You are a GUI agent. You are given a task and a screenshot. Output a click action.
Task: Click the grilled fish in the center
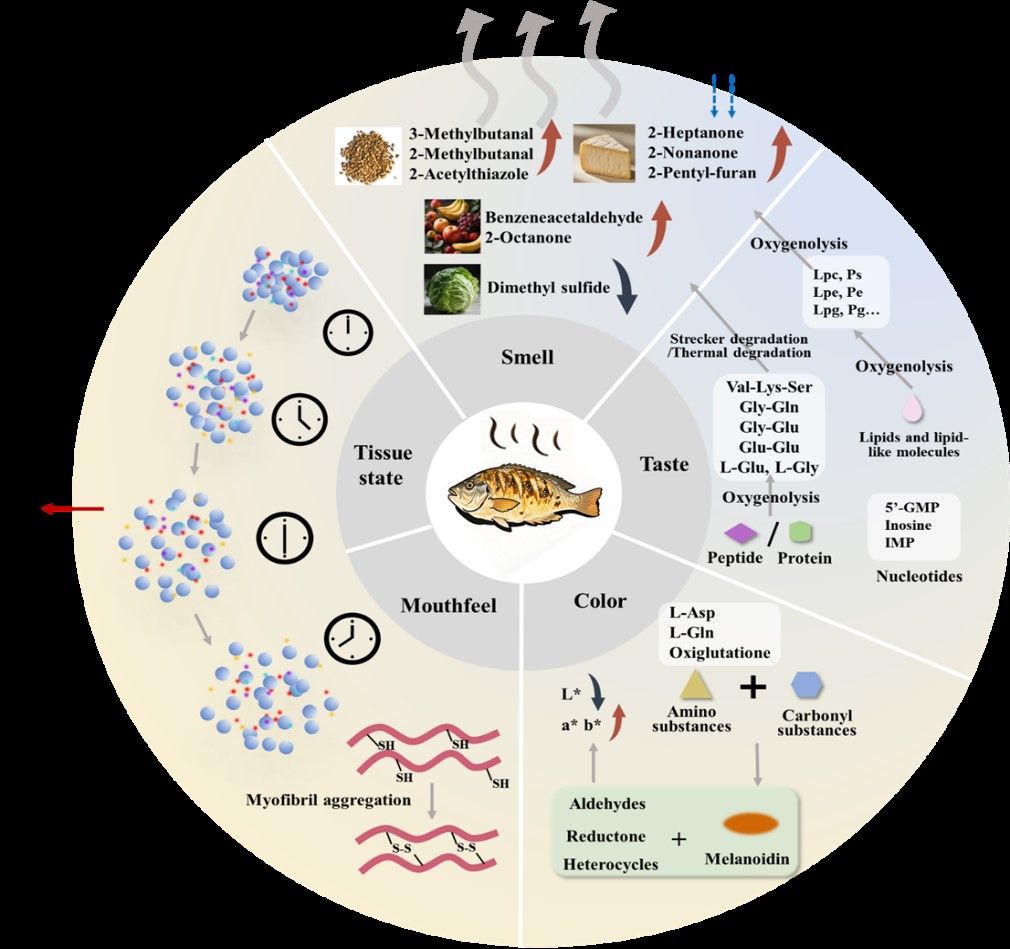(x=523, y=493)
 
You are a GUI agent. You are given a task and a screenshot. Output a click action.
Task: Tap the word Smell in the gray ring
(x=527, y=356)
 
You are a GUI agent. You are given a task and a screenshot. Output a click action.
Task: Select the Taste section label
(x=664, y=464)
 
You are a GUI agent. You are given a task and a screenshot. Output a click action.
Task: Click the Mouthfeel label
(x=448, y=606)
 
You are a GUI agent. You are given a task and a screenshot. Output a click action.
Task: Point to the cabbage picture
(x=452, y=289)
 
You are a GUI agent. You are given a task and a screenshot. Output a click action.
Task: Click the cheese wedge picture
(x=604, y=153)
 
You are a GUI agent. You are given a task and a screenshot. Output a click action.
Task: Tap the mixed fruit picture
(x=452, y=226)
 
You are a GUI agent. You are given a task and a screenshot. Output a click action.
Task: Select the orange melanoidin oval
(x=750, y=823)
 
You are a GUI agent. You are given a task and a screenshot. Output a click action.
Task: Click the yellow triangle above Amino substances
(x=695, y=685)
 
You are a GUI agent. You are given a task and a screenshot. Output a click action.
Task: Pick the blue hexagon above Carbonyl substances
(x=806, y=685)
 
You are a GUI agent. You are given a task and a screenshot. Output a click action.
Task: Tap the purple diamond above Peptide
(x=741, y=532)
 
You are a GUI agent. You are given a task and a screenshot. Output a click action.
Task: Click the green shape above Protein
(x=801, y=532)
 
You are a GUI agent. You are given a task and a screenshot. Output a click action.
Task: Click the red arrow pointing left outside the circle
(x=72, y=509)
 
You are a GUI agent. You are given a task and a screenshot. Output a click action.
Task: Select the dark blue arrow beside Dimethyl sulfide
(x=625, y=287)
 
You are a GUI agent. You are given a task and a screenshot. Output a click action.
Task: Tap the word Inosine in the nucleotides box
(x=908, y=525)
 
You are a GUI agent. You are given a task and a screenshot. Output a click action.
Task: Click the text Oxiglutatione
(x=719, y=653)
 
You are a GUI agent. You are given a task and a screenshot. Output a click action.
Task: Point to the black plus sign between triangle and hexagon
(x=752, y=687)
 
